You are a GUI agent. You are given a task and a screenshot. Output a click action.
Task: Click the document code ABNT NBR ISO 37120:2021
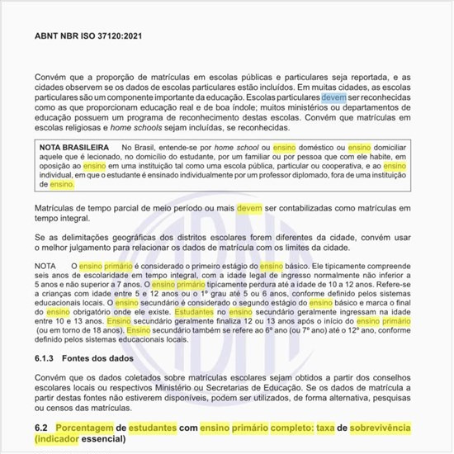pyautogui.click(x=88, y=36)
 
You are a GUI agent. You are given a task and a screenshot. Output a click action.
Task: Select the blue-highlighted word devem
pyautogui.click(x=333, y=97)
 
